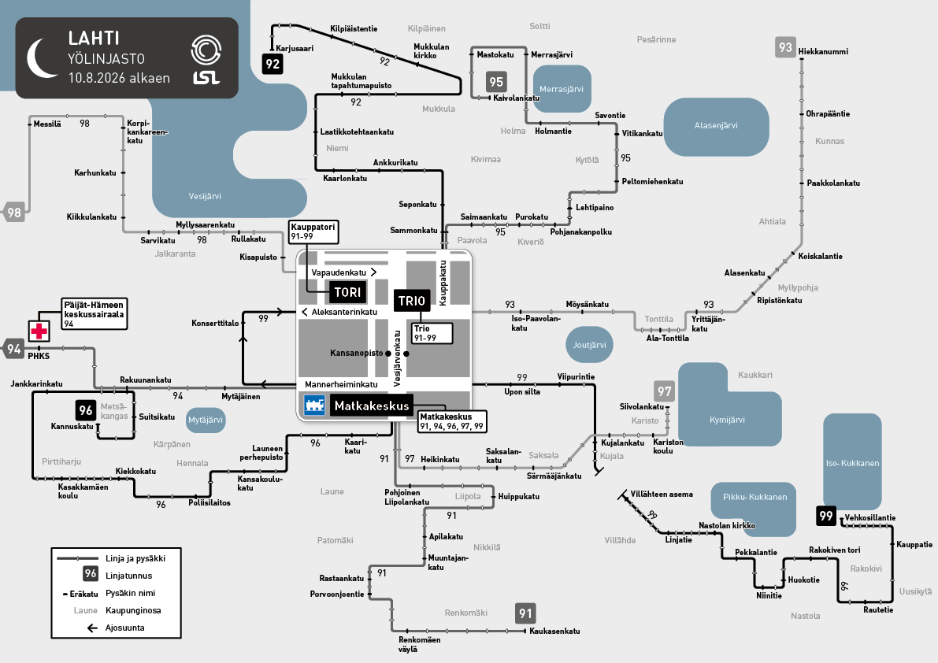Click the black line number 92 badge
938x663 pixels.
point(273,64)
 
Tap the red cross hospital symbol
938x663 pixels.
point(39,331)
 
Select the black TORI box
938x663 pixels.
point(347,292)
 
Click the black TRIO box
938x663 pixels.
point(412,301)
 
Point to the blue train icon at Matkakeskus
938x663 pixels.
point(314,405)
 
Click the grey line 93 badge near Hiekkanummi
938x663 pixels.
point(785,47)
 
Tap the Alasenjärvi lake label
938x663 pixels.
point(715,125)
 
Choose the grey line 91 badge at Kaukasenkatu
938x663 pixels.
point(525,613)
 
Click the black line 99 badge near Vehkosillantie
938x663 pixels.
point(826,516)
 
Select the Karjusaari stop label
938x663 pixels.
point(295,48)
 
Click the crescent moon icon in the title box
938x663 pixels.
point(42,58)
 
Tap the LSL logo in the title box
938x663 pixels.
point(206,59)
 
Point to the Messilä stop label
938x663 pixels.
point(47,124)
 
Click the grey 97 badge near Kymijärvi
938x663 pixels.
point(664,391)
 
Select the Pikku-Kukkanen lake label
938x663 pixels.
point(755,497)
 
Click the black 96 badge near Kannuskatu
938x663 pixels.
point(86,410)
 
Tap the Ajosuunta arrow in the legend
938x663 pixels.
point(92,628)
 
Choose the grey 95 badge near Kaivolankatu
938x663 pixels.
point(496,82)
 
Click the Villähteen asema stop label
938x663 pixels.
point(662,494)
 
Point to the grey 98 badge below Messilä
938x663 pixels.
point(14,212)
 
